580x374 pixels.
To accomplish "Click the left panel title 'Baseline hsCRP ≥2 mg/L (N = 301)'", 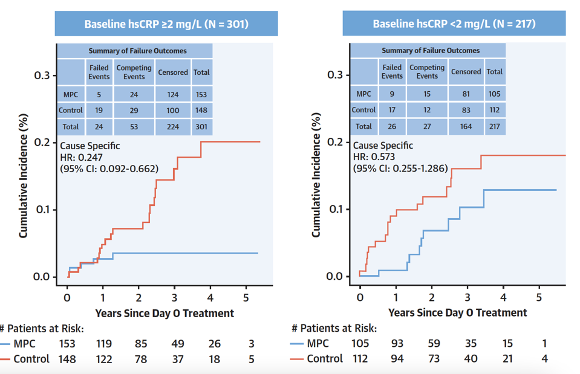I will (166, 24).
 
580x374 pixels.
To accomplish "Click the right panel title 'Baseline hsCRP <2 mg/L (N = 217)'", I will (454, 24).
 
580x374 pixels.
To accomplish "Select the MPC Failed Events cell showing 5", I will (99, 94).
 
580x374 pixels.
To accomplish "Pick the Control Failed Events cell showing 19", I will (99, 111).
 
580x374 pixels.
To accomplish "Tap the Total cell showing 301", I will (201, 127).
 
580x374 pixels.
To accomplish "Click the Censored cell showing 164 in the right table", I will (466, 126).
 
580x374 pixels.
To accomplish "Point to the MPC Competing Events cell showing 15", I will (426, 94).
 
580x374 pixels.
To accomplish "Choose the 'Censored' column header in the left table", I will (173, 73).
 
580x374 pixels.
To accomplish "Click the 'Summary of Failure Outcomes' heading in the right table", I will (431, 51).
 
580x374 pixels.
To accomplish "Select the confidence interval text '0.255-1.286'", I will (419, 168).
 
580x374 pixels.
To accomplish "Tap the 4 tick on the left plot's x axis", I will (210, 297).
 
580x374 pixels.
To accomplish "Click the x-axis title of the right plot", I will (457, 312).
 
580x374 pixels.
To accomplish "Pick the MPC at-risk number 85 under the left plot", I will (141, 344).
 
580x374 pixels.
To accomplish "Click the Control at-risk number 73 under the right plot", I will (434, 358).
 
